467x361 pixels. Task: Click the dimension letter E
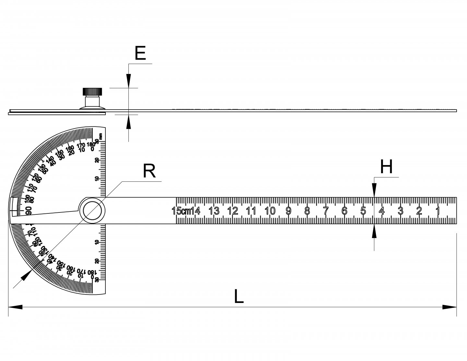pyautogui.click(x=140, y=54)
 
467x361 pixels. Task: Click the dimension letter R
pyautogui.click(x=149, y=171)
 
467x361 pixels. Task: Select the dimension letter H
pyautogui.click(x=386, y=167)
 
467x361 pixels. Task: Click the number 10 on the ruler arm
pyautogui.click(x=270, y=211)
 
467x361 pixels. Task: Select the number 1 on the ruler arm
pyautogui.click(x=437, y=211)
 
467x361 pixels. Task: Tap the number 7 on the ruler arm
pyautogui.click(x=326, y=211)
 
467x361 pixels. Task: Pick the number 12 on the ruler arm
pyautogui.click(x=233, y=211)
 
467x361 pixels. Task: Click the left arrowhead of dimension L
pyautogui.click(x=15, y=307)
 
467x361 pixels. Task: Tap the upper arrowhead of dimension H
pyautogui.click(x=374, y=190)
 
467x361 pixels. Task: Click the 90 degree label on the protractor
pyautogui.click(x=29, y=211)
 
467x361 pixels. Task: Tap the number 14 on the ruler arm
pyautogui.click(x=196, y=211)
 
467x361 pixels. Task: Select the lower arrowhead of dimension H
pyautogui.click(x=374, y=231)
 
